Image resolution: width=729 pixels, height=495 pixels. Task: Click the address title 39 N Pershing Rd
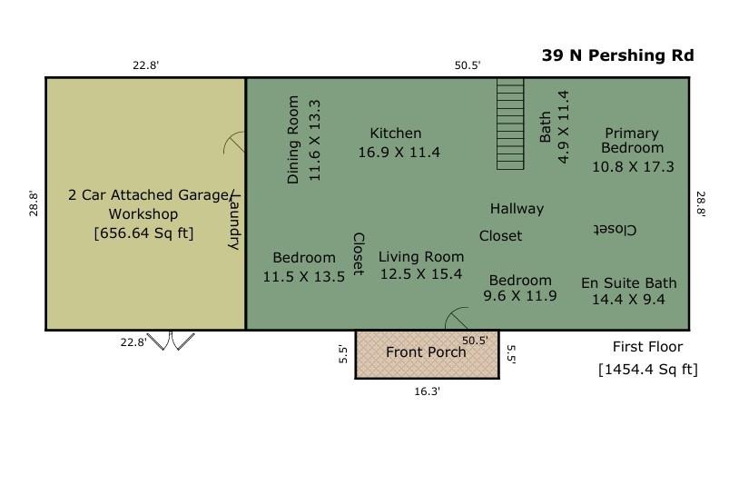617,55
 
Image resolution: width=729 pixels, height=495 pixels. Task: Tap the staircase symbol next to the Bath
510,124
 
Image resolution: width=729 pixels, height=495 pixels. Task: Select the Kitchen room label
395,134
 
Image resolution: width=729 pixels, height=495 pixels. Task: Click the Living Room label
420,256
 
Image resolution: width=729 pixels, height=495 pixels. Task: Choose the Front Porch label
426,352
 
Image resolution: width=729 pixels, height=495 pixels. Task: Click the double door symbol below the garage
172,342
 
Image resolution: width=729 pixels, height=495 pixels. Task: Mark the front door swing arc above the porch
456,319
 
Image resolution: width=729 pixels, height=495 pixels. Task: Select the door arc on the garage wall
235,144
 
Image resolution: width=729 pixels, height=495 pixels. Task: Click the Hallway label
517,209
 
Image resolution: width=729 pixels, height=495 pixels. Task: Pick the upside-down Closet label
615,230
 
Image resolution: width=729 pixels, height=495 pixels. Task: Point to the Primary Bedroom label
633,140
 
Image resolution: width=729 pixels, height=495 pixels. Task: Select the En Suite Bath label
628,283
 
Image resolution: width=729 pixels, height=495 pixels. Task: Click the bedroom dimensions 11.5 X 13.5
303,277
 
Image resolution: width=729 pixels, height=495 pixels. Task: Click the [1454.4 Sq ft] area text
647,369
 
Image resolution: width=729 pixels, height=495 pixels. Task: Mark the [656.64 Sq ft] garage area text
143,233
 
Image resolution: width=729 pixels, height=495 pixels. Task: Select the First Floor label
647,347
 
